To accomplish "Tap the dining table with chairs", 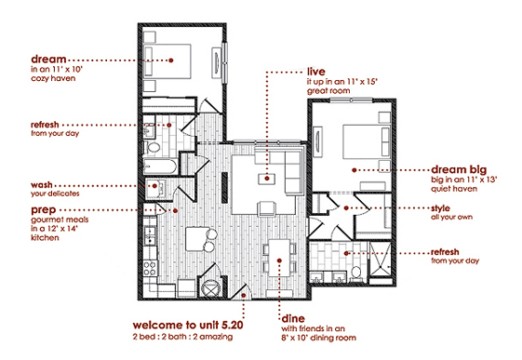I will click(278, 251).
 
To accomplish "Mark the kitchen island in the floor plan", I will click(197, 238).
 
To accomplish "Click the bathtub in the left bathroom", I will click(160, 167).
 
